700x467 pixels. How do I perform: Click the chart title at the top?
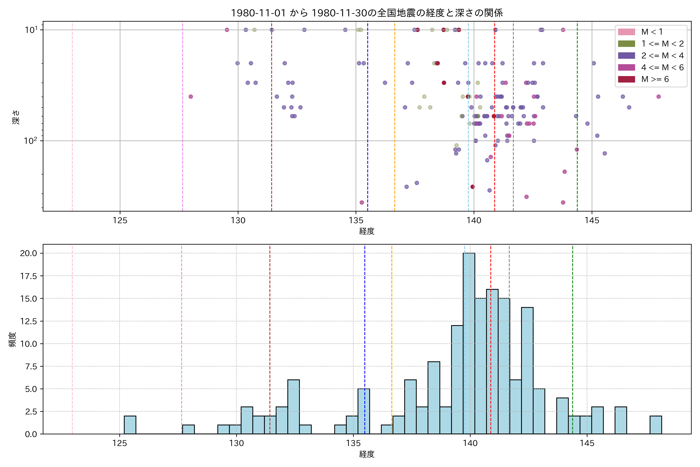[x=367, y=13]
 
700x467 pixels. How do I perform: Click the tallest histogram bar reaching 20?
[x=469, y=342]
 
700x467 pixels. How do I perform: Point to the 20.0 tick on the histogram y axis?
[x=29, y=253]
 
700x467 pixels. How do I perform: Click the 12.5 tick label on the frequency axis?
[x=29, y=321]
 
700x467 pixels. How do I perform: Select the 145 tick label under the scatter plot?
[x=592, y=221]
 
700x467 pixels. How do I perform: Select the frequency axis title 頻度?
[x=12, y=340]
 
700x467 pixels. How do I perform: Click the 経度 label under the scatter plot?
[x=367, y=231]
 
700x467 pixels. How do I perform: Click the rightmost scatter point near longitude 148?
[x=658, y=97]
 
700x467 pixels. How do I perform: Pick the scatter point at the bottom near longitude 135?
[x=362, y=203]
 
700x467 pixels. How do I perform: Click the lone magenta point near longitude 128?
[x=191, y=97]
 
